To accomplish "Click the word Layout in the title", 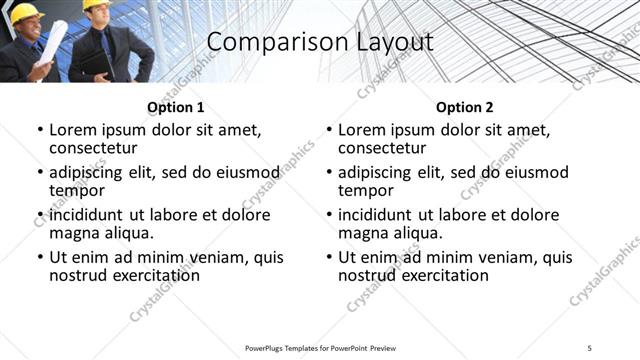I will (x=391, y=42).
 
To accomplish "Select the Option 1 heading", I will (x=176, y=107).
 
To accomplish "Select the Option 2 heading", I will (x=465, y=107).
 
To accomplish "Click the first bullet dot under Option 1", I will (x=39, y=130).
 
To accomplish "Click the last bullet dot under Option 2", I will (x=328, y=258).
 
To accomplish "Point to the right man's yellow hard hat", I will (x=96, y=5).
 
